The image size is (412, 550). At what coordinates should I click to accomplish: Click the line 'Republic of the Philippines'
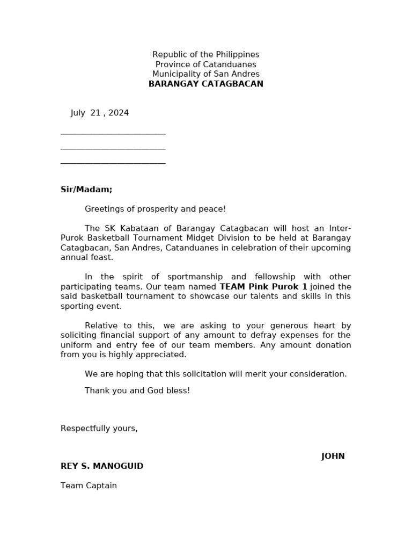tap(205, 55)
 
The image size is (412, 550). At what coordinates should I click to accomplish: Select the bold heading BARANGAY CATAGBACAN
tap(205, 84)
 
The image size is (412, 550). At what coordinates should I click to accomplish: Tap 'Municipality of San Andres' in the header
tap(205, 74)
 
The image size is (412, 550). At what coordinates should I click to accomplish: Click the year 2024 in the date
tap(118, 113)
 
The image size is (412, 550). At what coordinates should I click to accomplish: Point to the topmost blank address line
tap(113, 133)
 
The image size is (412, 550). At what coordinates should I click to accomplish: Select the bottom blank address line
tap(113, 162)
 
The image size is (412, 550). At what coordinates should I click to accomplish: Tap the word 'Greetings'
tap(104, 209)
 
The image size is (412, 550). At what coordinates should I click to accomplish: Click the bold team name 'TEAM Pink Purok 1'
tap(263, 287)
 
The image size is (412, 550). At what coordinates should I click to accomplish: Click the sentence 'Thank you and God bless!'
tap(137, 391)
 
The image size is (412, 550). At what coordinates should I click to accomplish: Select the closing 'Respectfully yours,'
tap(99, 429)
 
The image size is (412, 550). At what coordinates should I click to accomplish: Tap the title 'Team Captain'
tap(89, 486)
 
